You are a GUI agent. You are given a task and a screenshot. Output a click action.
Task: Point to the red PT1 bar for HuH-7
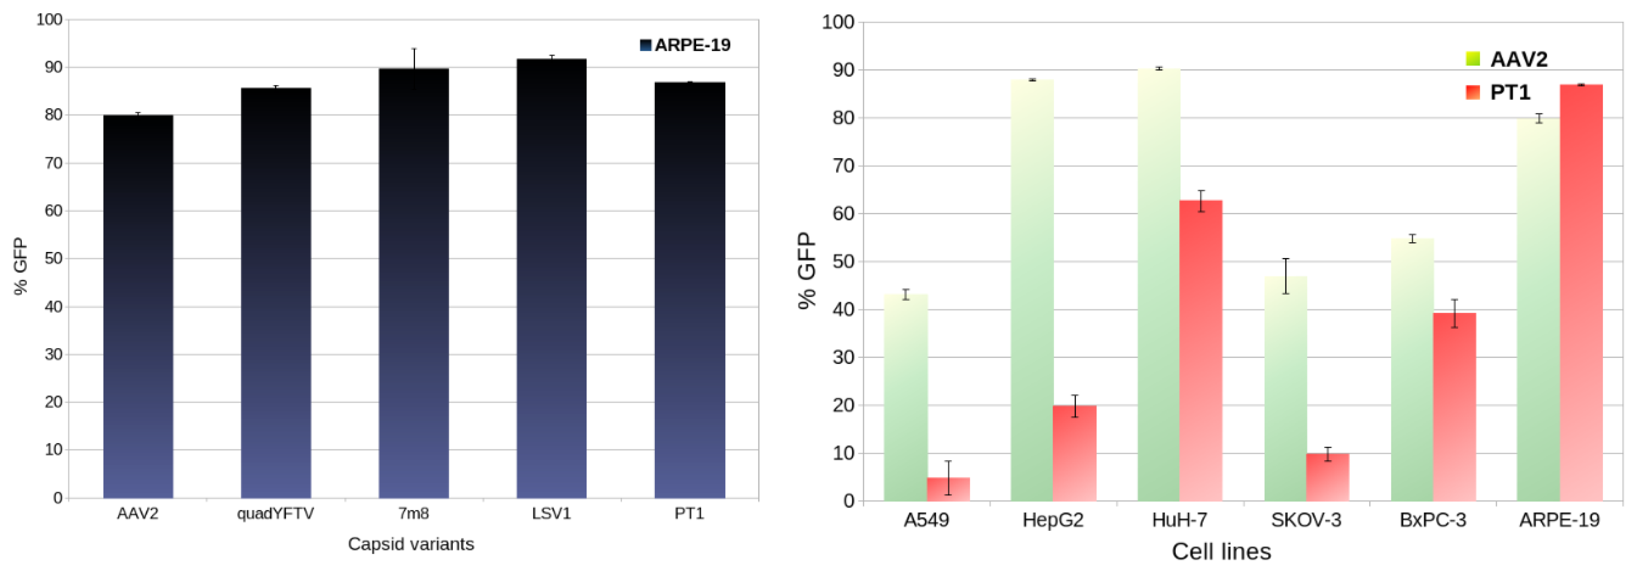1201,350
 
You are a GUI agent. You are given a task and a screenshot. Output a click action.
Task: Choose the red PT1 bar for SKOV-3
1328,477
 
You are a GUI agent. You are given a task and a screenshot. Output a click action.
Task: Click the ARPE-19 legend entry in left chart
685,45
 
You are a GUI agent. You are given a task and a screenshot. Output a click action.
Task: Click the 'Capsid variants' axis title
411,544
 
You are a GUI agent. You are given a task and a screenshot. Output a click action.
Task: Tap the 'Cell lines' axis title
1221,551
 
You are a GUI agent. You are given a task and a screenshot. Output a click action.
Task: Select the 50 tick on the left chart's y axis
53,258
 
